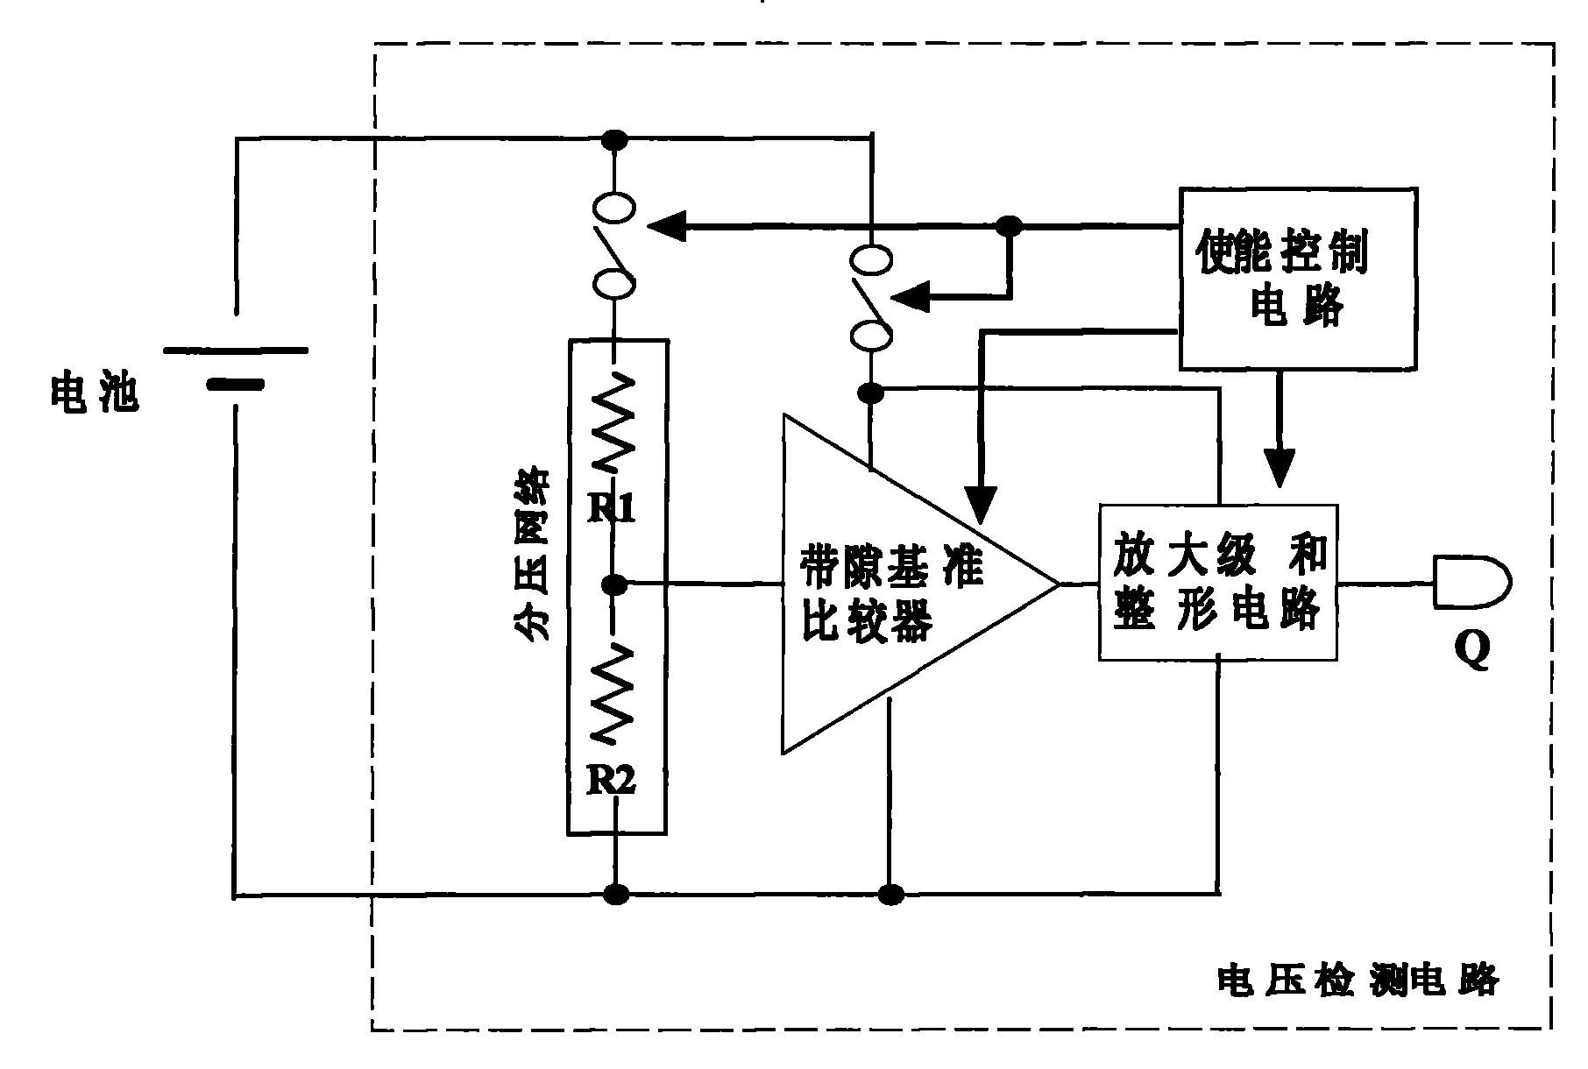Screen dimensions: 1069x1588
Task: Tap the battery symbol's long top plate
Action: (235, 350)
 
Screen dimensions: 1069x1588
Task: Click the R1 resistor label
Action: (611, 507)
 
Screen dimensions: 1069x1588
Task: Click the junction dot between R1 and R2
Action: (617, 582)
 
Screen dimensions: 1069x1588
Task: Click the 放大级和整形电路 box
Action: (1218, 582)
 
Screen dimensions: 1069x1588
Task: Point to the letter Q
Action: (1472, 651)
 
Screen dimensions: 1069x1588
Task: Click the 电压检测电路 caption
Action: (1358, 980)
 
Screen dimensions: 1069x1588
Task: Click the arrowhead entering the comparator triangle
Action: (981, 503)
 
